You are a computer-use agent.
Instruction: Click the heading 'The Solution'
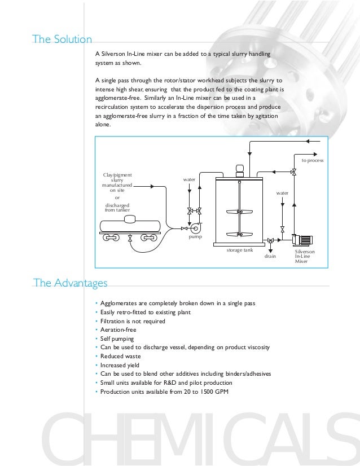click(62, 39)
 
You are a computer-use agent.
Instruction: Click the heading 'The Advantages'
click(70, 282)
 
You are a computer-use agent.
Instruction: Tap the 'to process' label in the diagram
click(312, 161)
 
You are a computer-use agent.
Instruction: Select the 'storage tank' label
click(239, 249)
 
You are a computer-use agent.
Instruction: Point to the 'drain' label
click(270, 256)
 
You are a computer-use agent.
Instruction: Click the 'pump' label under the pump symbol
click(195, 238)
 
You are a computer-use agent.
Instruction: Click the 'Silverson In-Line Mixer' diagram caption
click(305, 256)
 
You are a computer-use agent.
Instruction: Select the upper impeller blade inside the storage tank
click(239, 213)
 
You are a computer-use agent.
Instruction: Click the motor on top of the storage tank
click(239, 168)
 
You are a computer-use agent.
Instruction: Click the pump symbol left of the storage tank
click(195, 228)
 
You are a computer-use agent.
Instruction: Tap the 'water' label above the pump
click(189, 179)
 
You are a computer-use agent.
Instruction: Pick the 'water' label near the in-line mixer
click(282, 193)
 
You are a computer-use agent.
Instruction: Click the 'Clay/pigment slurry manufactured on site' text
click(117, 183)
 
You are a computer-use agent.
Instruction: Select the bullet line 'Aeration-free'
click(118, 330)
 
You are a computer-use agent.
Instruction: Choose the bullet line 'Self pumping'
click(117, 338)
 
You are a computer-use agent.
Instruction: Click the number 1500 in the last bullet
click(208, 392)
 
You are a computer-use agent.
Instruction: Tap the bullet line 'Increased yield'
click(120, 365)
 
